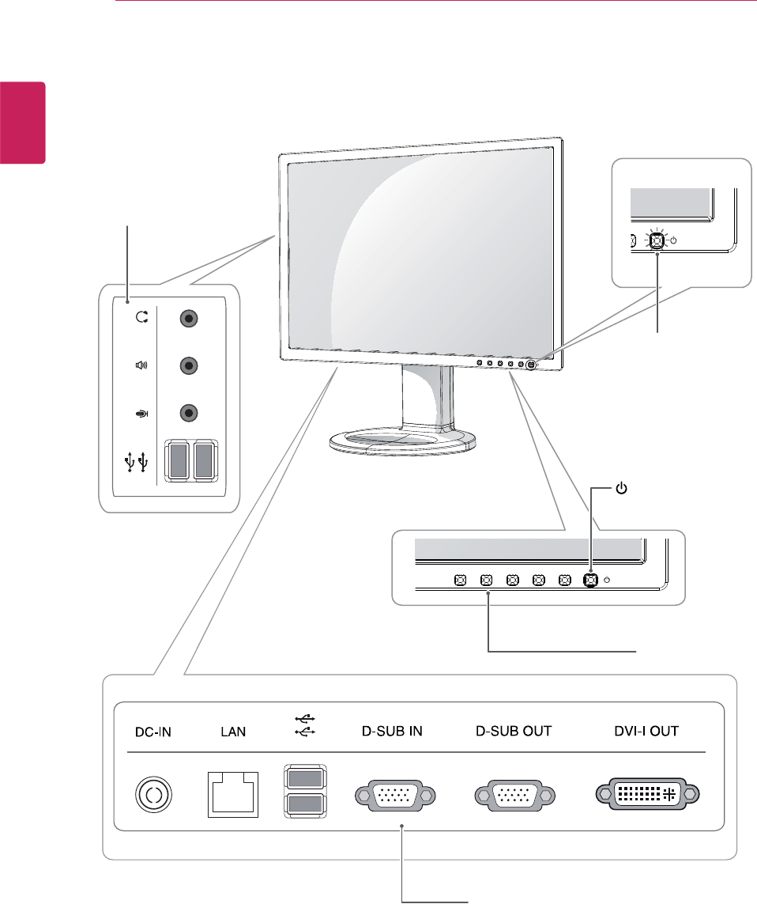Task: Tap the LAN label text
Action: click(232, 732)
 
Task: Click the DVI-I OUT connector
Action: click(647, 793)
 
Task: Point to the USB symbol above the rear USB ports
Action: click(304, 724)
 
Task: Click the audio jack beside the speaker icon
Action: click(188, 365)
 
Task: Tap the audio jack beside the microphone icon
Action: click(188, 412)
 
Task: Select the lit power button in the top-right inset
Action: click(656, 239)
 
